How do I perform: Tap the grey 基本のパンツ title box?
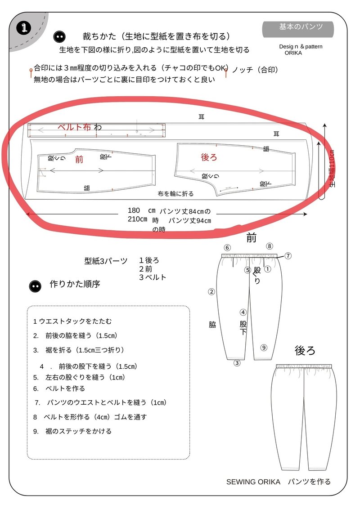click(298, 28)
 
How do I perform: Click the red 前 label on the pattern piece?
click(79, 159)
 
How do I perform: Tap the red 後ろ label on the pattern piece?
click(209, 157)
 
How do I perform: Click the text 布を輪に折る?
click(175, 194)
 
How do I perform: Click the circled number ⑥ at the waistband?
click(227, 248)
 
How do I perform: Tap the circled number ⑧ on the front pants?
click(269, 246)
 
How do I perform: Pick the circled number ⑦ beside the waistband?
click(288, 255)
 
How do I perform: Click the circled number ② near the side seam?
click(211, 291)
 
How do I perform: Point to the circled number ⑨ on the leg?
click(264, 347)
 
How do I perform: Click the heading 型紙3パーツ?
click(106, 261)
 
